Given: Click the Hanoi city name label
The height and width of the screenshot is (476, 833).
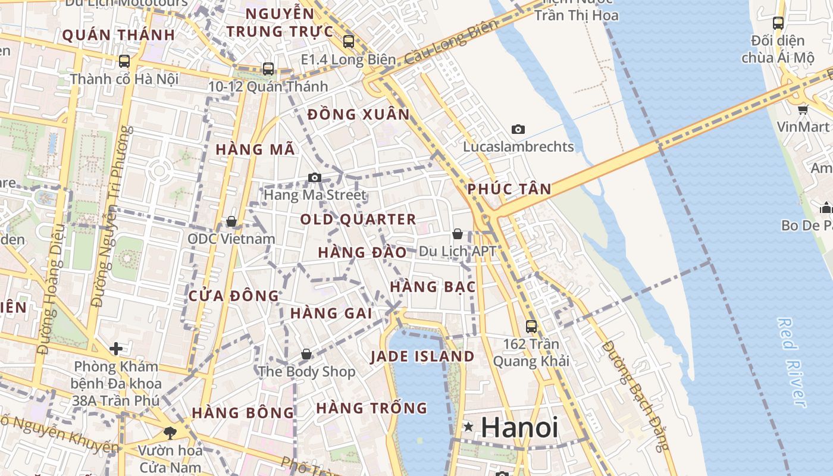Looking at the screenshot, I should (x=519, y=427).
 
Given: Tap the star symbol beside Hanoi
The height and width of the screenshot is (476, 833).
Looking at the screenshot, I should (x=469, y=427).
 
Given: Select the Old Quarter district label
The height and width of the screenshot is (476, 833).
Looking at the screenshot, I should (x=358, y=220).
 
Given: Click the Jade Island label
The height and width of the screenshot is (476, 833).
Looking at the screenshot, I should (x=422, y=356).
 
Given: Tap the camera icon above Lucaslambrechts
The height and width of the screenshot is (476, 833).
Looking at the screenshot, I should (x=518, y=129).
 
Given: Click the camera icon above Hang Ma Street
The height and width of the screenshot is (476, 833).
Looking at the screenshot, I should (x=315, y=177).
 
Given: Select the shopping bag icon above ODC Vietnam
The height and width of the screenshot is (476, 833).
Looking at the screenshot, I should (x=231, y=222).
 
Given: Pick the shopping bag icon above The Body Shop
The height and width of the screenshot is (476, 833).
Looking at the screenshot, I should (x=306, y=355).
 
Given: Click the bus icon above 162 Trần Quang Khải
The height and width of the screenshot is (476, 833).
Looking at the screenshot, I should (x=531, y=327).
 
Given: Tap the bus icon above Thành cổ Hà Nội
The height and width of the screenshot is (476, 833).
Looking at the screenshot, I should (x=124, y=61).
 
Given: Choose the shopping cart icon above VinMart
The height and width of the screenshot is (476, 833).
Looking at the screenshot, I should (x=803, y=109).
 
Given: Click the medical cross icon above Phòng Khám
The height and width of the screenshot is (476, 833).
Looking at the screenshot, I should (x=116, y=348).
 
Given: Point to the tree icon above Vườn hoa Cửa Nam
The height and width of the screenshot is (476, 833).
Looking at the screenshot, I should (x=170, y=433).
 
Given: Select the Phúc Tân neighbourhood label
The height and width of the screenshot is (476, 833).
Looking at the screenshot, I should (x=509, y=189).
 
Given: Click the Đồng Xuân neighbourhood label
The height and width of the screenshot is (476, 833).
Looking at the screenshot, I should (x=359, y=114).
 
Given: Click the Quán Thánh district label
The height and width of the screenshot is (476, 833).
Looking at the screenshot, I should (x=118, y=35).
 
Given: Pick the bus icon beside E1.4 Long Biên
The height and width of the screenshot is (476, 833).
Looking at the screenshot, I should (x=349, y=42).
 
